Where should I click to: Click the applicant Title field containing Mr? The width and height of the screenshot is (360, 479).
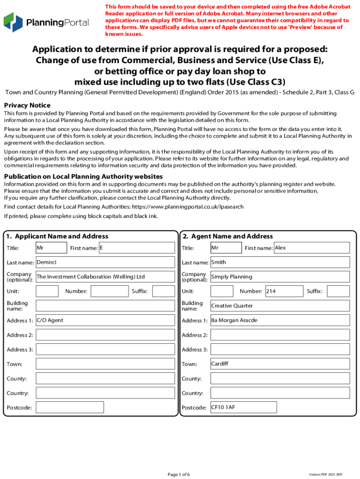[51, 248]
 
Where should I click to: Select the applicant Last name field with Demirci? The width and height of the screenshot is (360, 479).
[105, 262]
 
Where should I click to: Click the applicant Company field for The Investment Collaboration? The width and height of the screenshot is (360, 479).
[105, 277]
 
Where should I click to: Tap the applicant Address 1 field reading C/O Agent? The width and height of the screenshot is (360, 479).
[105, 320]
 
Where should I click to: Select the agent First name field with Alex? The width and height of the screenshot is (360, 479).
[311, 248]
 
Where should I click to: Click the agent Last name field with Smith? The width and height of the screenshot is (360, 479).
[279, 262]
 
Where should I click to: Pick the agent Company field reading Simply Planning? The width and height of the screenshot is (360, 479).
[279, 277]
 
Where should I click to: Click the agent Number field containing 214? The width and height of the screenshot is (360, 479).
[280, 291]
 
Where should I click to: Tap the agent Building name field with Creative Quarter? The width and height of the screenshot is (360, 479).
[279, 306]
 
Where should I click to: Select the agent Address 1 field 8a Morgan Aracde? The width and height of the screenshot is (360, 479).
[279, 320]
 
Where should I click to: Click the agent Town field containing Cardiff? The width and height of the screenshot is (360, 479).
[279, 364]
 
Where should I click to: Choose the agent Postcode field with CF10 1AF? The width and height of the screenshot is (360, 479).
[279, 407]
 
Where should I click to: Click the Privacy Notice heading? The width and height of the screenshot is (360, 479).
[27, 105]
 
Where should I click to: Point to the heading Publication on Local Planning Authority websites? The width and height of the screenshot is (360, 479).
[83, 176]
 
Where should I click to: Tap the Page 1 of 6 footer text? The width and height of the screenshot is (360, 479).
[179, 474]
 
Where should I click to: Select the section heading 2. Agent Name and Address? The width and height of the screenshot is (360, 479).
[228, 236]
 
